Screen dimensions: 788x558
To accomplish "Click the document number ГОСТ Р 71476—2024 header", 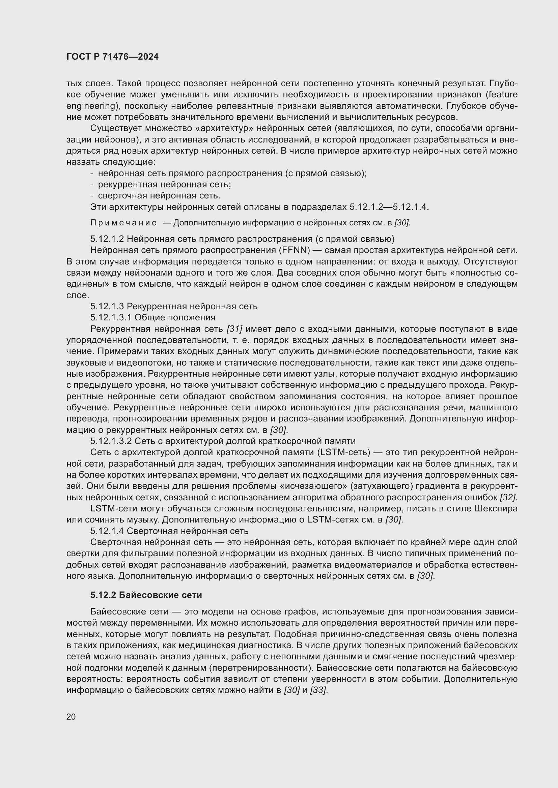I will [112, 57].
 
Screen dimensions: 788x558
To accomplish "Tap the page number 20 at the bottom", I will [71, 717].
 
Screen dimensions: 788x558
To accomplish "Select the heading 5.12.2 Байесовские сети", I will [146, 595].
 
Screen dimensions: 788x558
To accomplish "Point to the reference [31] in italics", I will [234, 329].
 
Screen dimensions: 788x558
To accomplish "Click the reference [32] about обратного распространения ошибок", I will [508, 497].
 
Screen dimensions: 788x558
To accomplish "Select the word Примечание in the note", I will [123, 223].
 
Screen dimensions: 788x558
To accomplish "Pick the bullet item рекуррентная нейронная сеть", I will [164, 185].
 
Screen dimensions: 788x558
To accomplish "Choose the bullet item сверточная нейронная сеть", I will [159, 196].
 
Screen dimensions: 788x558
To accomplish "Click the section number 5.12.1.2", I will [107, 239].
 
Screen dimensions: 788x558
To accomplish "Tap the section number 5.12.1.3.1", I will [111, 317].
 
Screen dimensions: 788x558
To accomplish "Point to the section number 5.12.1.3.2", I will [111, 441].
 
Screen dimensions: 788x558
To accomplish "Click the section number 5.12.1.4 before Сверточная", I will [107, 531].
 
